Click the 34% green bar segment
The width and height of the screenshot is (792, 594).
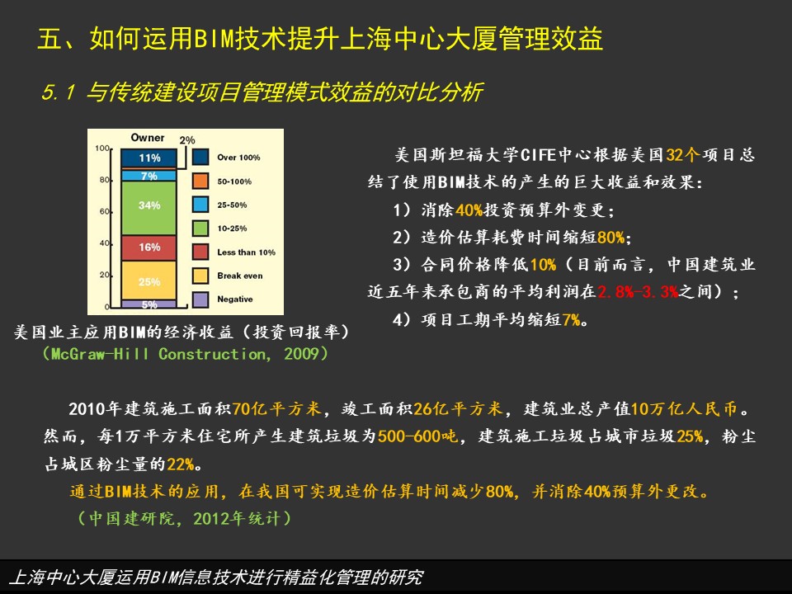149,208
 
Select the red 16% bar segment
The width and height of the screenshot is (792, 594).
149,247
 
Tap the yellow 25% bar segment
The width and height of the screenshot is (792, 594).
149,280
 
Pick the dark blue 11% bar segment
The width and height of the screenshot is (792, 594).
149,158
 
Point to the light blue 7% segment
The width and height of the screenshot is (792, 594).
149,176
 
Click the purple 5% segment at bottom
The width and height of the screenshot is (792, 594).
149,304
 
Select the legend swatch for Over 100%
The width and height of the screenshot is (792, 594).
200,157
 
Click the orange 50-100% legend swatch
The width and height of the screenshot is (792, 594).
200,181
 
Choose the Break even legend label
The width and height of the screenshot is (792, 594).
240,276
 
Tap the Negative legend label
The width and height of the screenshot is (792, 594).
235,299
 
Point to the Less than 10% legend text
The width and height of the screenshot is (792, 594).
247,252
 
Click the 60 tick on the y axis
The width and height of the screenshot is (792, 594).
104,211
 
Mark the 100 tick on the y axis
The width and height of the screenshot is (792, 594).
102,148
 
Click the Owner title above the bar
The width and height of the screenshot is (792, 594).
148,138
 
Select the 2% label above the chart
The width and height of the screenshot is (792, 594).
187,140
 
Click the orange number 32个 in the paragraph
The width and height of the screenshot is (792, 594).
683,154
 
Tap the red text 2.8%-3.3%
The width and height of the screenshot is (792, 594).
638,291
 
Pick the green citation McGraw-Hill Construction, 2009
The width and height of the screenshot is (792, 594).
186,354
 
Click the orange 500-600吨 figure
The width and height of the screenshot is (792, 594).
417,436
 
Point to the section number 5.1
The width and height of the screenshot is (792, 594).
59,92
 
